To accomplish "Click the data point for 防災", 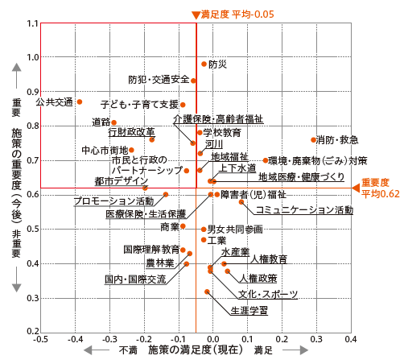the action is (x=204, y=64).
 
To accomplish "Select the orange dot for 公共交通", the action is (x=80, y=102).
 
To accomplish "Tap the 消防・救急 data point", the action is (x=313, y=140).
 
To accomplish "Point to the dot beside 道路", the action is (x=113, y=122).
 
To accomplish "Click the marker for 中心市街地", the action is (x=131, y=150).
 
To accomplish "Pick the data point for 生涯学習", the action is (x=207, y=292).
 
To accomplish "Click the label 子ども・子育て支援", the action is (x=139, y=105).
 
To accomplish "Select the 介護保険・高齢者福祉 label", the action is (x=218, y=119).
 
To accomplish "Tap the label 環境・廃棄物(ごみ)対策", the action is (x=318, y=161).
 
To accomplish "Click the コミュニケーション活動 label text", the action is (x=304, y=210).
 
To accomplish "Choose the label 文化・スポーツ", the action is (x=268, y=294).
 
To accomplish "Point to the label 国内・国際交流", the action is (x=135, y=279).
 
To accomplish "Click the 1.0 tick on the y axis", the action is (x=33, y=57).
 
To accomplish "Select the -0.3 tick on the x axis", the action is (x=109, y=339).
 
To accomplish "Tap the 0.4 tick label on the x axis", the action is (x=351, y=339).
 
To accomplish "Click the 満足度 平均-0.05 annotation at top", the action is (x=237, y=14).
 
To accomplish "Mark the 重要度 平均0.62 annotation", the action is (x=381, y=188).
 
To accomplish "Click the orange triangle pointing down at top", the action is (x=196, y=15).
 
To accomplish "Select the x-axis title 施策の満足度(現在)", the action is (x=196, y=350).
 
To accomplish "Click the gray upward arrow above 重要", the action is (x=17, y=76).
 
